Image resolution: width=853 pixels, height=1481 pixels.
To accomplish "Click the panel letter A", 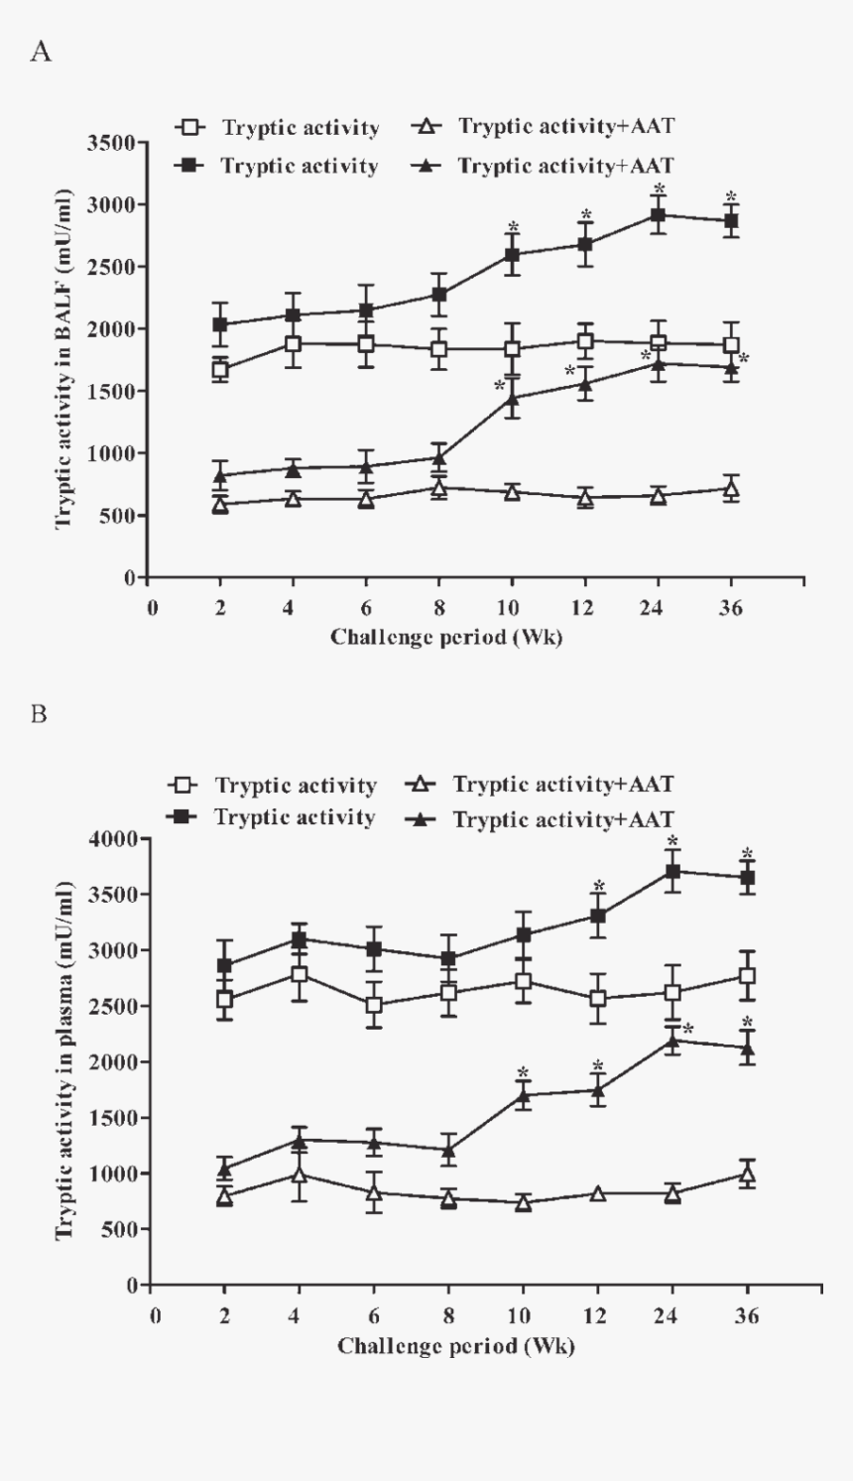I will tap(41, 52).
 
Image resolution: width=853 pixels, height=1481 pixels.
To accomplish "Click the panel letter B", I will tap(40, 714).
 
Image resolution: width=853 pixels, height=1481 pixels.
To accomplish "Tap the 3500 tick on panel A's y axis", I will tap(110, 143).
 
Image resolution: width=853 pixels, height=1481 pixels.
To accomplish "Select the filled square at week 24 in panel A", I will tap(658, 214).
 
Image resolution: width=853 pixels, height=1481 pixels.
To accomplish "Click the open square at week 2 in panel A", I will tap(220, 370).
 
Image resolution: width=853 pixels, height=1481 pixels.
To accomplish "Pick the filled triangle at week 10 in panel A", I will tap(513, 398).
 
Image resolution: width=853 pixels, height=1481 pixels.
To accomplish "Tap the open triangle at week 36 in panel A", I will tap(731, 487).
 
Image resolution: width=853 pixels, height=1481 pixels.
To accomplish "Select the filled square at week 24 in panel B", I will tap(672, 872).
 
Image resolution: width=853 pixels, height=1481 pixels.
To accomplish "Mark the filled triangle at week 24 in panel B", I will tap(672, 1041).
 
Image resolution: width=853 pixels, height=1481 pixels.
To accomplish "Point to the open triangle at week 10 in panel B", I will tap(524, 1203).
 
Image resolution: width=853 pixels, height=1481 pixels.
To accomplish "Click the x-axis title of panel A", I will tap(446, 637).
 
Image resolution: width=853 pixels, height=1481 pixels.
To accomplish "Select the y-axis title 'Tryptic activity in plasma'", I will tap(66, 1058).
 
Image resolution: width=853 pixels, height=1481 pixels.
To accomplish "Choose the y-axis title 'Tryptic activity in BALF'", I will tap(64, 358).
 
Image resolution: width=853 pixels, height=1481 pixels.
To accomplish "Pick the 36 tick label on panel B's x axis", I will tap(747, 1315).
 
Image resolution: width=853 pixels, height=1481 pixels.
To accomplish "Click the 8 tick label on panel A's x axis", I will tap(439, 607).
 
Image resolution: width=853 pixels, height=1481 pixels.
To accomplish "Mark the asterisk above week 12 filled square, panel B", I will tap(598, 887).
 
